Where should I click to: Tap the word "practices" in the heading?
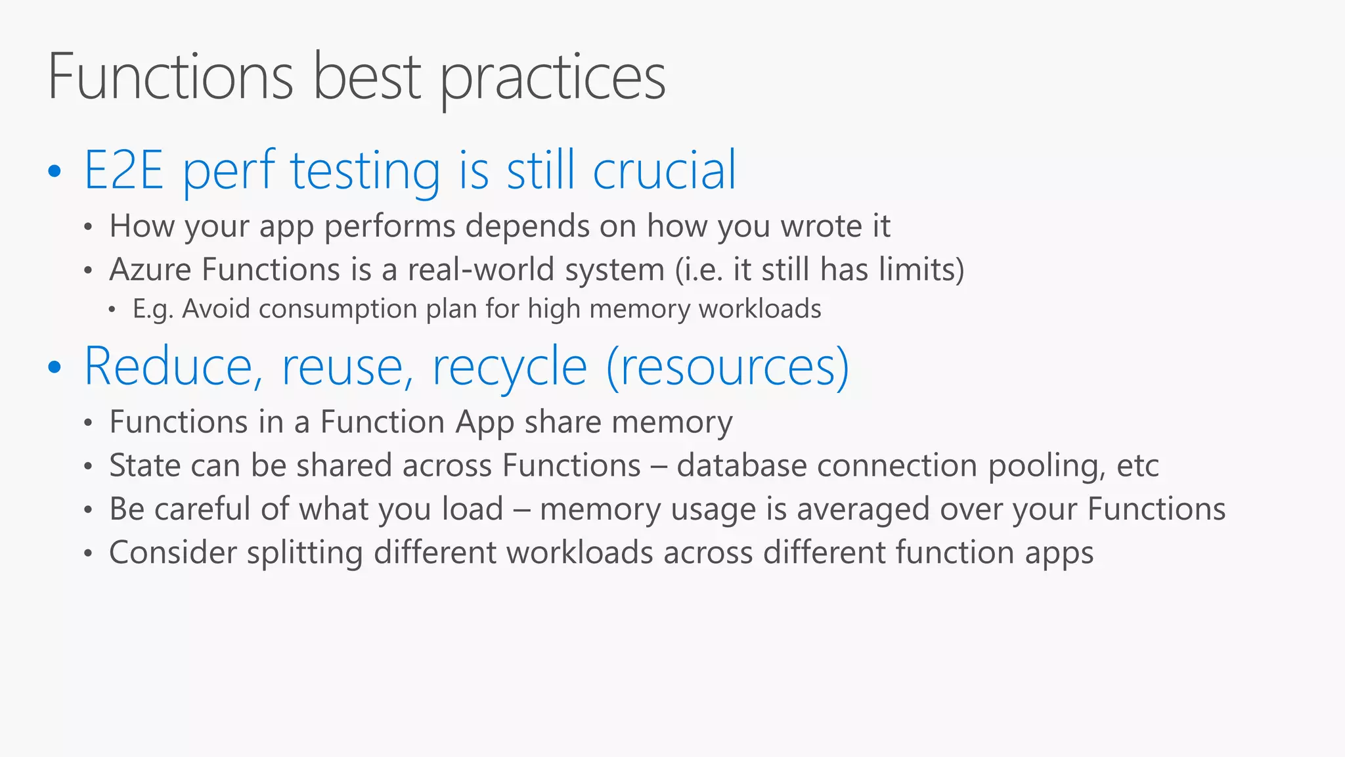(552, 80)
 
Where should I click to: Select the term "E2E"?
(123, 171)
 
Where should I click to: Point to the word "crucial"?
(664, 171)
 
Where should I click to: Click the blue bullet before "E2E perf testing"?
(55, 172)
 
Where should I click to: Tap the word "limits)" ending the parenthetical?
(921, 269)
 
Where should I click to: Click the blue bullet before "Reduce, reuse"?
(55, 368)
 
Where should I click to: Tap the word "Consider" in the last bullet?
(173, 553)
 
